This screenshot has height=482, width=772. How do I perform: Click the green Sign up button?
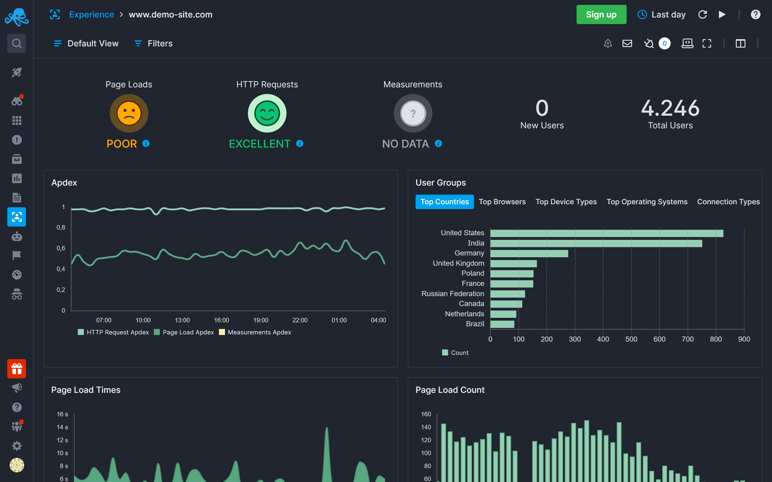(601, 15)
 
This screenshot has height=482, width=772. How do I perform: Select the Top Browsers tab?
(502, 202)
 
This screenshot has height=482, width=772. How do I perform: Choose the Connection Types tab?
(728, 202)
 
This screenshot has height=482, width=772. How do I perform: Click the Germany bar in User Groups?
(529, 253)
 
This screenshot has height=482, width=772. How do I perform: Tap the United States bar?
(606, 233)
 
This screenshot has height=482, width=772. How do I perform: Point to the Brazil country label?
(475, 324)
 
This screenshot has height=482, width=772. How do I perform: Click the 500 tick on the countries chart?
(631, 339)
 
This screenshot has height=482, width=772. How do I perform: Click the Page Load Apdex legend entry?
(188, 332)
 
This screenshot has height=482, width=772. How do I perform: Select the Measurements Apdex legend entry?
(259, 332)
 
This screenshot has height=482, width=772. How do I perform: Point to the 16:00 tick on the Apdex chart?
(221, 320)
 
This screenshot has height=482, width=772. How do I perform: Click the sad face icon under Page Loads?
(129, 114)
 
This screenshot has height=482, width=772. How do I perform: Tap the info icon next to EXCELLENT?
(299, 143)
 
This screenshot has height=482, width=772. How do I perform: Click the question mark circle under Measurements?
(413, 114)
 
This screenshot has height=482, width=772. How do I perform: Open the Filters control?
(154, 43)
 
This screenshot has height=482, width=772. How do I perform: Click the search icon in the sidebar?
(17, 43)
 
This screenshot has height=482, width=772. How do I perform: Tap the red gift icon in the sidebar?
(17, 369)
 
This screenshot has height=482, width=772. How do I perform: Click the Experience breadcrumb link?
(92, 15)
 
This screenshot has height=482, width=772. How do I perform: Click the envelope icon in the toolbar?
(627, 43)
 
